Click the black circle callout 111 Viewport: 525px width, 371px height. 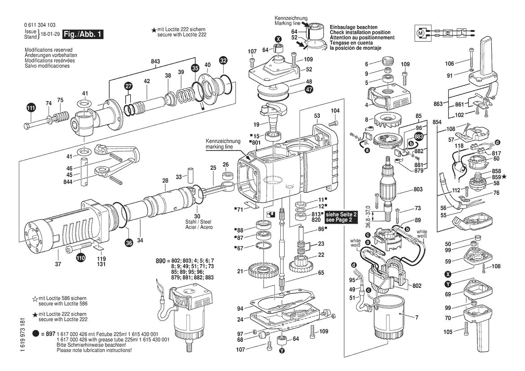[x=31, y=108]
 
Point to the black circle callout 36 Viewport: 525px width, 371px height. [x=129, y=243]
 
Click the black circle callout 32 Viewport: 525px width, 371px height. [x=223, y=61]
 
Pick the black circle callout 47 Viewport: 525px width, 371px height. [x=309, y=89]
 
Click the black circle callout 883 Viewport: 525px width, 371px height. [x=419, y=136]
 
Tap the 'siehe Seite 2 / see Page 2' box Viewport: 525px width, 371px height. [x=341, y=217]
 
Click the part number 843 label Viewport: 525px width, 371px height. [x=155, y=61]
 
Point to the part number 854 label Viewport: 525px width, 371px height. [x=437, y=122]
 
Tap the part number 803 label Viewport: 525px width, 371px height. [x=418, y=189]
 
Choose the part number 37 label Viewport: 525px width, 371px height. [x=58, y=264]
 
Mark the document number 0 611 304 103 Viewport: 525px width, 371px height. [x=40, y=25]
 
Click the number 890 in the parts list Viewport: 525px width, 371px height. [x=161, y=261]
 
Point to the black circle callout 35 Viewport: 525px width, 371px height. [x=195, y=68]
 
